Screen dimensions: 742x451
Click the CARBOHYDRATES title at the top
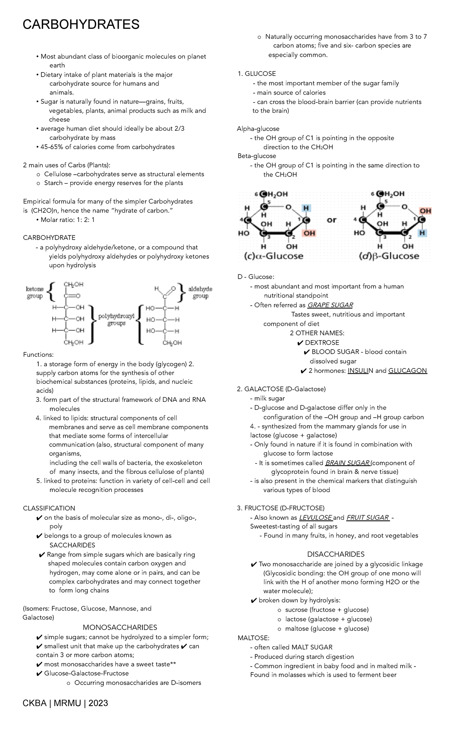[81, 25]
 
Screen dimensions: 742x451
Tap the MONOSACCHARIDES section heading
[120, 627]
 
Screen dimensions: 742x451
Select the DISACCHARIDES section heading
[336, 554]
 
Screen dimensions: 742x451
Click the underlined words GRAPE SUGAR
[330, 305]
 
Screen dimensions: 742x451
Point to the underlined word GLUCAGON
[407, 371]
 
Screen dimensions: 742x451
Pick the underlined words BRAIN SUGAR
[348, 463]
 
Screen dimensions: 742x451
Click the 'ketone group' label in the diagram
[35, 293]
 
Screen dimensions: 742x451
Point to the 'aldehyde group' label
[200, 293]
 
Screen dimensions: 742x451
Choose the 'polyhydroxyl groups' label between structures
[116, 320]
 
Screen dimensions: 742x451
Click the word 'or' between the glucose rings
[331, 220]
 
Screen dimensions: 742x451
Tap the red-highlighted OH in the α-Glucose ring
[309, 233]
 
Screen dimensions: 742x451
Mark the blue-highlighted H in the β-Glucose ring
[422, 233]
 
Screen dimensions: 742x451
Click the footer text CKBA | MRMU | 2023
[65, 703]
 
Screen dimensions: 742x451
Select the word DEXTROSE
[322, 342]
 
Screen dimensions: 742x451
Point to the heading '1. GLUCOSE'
[257, 74]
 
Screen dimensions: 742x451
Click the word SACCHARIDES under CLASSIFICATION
[72, 545]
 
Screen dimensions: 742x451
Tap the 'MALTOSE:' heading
[253, 638]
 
